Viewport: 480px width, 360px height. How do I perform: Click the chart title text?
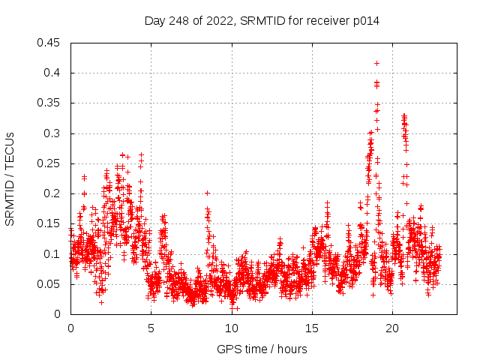pyautogui.click(x=262, y=21)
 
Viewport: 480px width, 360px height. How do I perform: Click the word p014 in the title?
pyautogui.click(x=365, y=21)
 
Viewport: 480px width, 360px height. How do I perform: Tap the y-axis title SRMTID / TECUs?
pyautogui.click(x=10, y=178)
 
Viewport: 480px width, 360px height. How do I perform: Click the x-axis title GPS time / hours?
pyautogui.click(x=262, y=349)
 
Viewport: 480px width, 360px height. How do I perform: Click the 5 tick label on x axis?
pyautogui.click(x=151, y=328)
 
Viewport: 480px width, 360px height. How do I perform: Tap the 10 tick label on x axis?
pyautogui.click(x=232, y=328)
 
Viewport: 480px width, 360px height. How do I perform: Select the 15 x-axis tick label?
pyautogui.click(x=312, y=328)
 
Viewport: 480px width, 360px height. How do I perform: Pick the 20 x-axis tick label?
pyautogui.click(x=392, y=328)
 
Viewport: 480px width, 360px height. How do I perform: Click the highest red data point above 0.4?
pyautogui.click(x=376, y=63)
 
